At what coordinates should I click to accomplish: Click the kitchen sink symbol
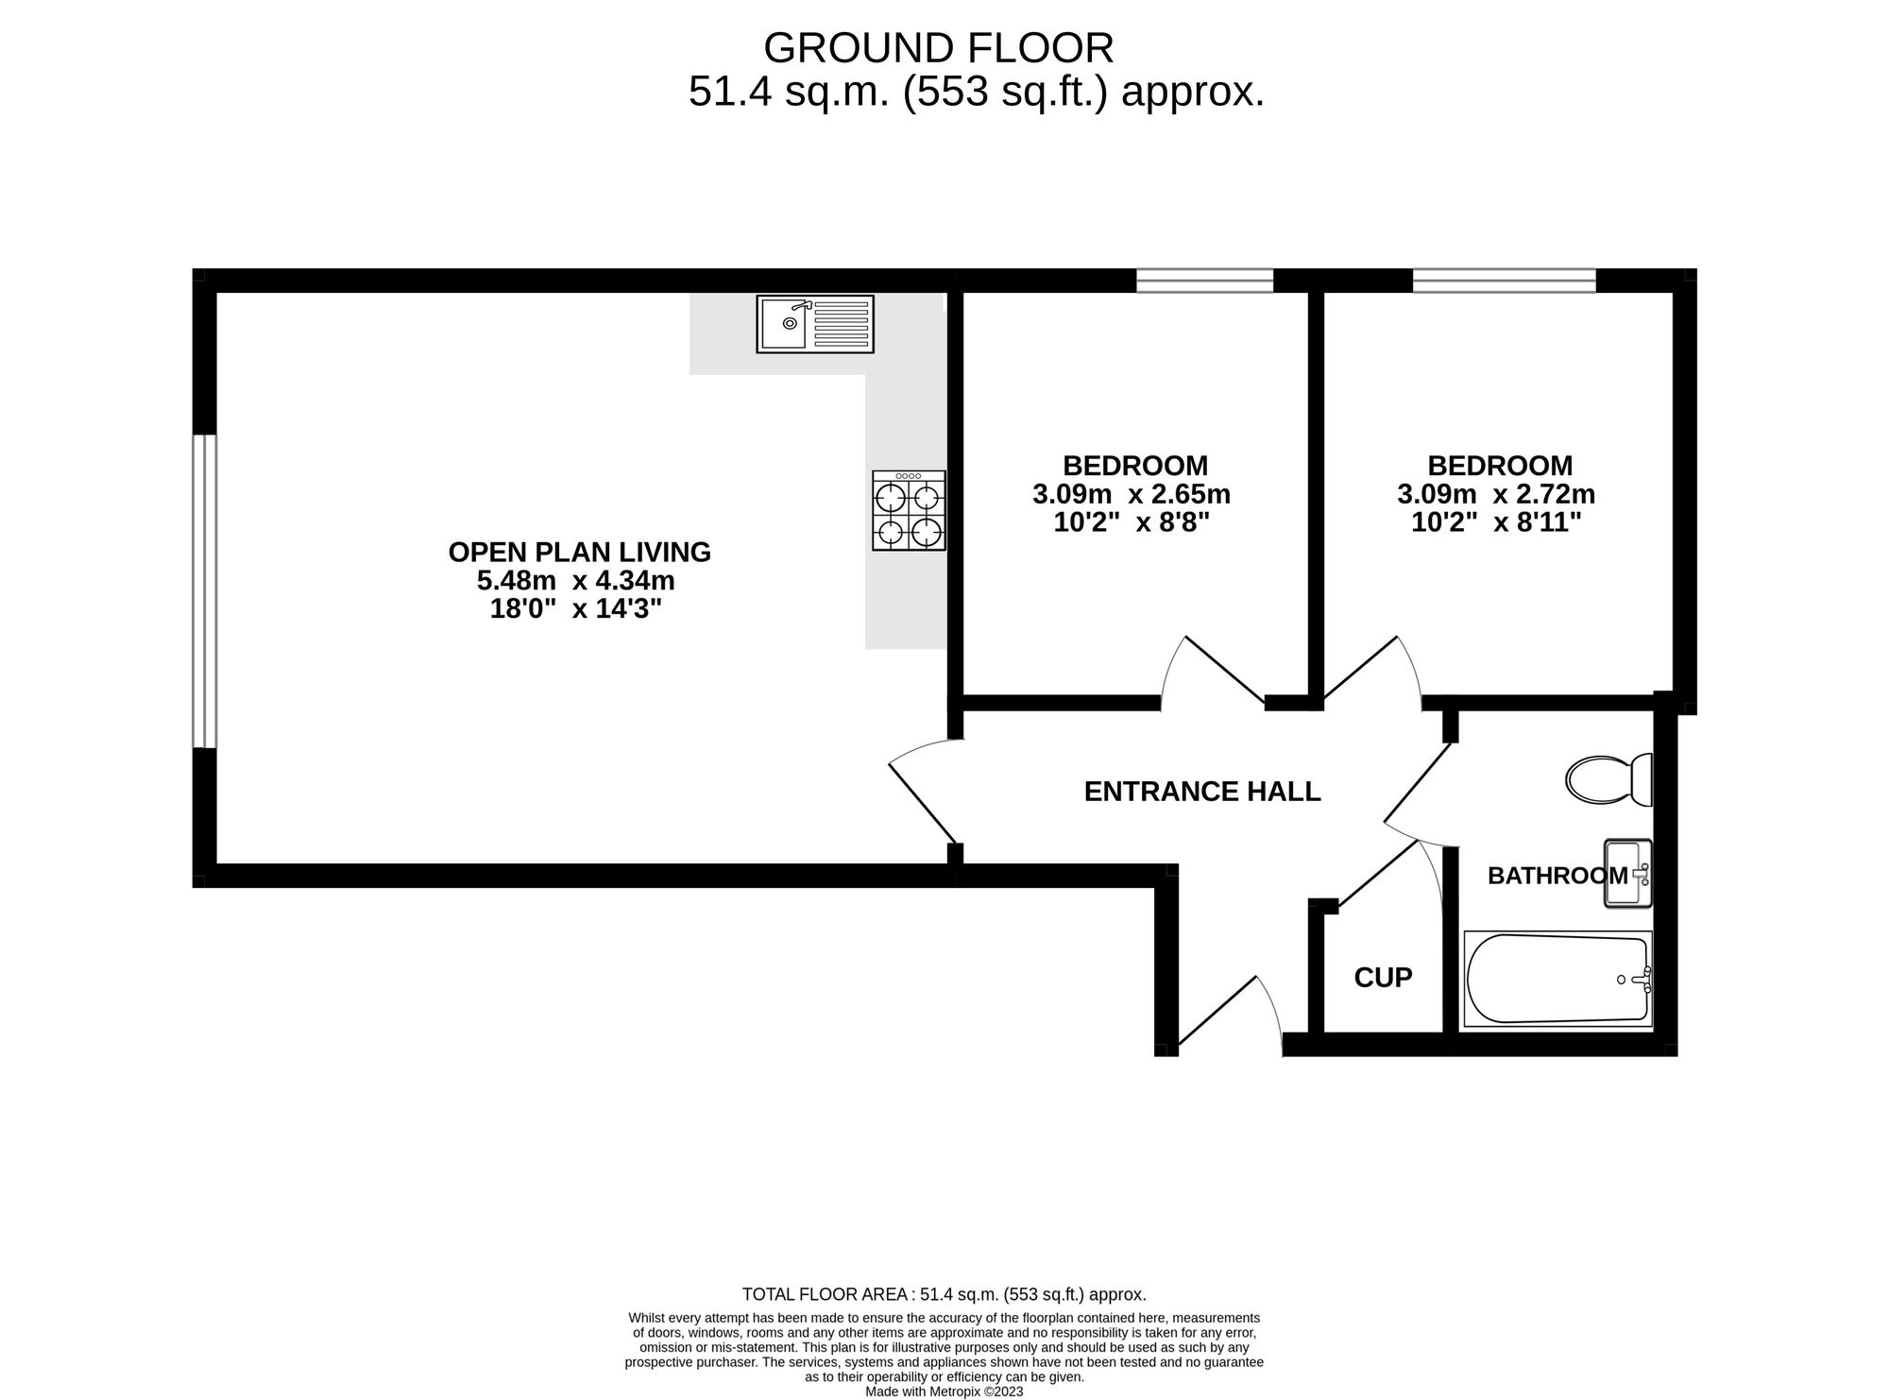click(x=815, y=324)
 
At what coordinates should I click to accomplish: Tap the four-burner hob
click(x=909, y=511)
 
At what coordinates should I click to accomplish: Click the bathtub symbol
click(x=1557, y=979)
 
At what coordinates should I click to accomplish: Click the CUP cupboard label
click(x=1383, y=978)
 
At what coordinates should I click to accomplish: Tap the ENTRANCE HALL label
click(x=1201, y=792)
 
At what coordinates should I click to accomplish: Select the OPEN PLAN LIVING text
click(x=579, y=552)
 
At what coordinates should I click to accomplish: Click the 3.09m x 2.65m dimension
click(x=1131, y=494)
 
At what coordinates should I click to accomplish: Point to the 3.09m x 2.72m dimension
click(x=1495, y=494)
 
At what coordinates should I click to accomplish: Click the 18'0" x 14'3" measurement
click(x=575, y=609)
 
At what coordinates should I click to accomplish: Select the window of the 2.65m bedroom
click(x=1204, y=281)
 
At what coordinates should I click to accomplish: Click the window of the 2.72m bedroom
click(x=1504, y=281)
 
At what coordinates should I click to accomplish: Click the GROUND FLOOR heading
click(x=938, y=47)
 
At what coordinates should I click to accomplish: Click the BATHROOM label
click(x=1557, y=876)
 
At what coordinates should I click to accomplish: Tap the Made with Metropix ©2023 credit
click(x=944, y=1391)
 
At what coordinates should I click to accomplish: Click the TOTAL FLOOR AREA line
click(x=944, y=1295)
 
